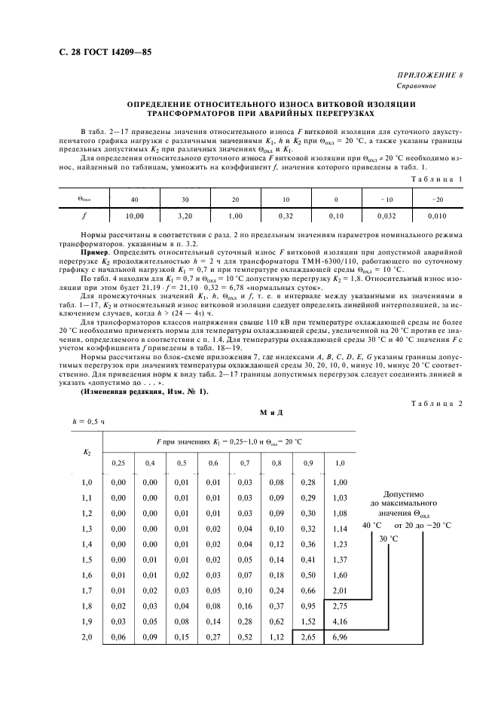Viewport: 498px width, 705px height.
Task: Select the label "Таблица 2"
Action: click(438, 404)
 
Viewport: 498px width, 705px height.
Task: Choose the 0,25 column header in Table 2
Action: click(118, 462)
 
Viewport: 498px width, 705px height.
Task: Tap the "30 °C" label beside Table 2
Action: click(389, 539)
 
